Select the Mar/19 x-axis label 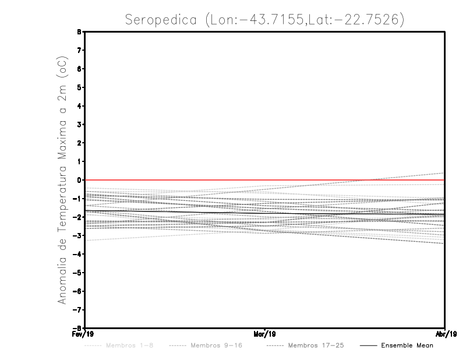point(265,334)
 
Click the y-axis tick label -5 point(78,273)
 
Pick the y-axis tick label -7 point(78,309)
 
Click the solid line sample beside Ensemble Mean point(368,345)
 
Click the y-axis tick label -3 point(78,235)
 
